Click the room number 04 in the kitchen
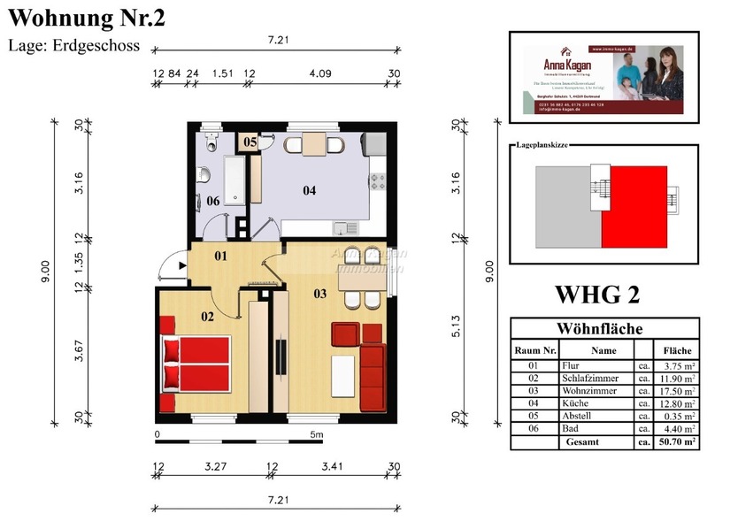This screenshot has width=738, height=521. [x=309, y=190]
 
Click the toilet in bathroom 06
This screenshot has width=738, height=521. [x=211, y=142]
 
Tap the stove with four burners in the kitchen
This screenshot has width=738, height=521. [x=379, y=180]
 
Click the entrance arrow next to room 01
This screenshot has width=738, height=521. [x=181, y=264]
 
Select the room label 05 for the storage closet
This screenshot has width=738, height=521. [x=250, y=142]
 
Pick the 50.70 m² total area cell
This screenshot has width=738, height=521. [x=676, y=441]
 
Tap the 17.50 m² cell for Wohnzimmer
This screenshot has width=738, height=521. [x=676, y=390]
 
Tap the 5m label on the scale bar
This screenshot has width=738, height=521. [x=317, y=434]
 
